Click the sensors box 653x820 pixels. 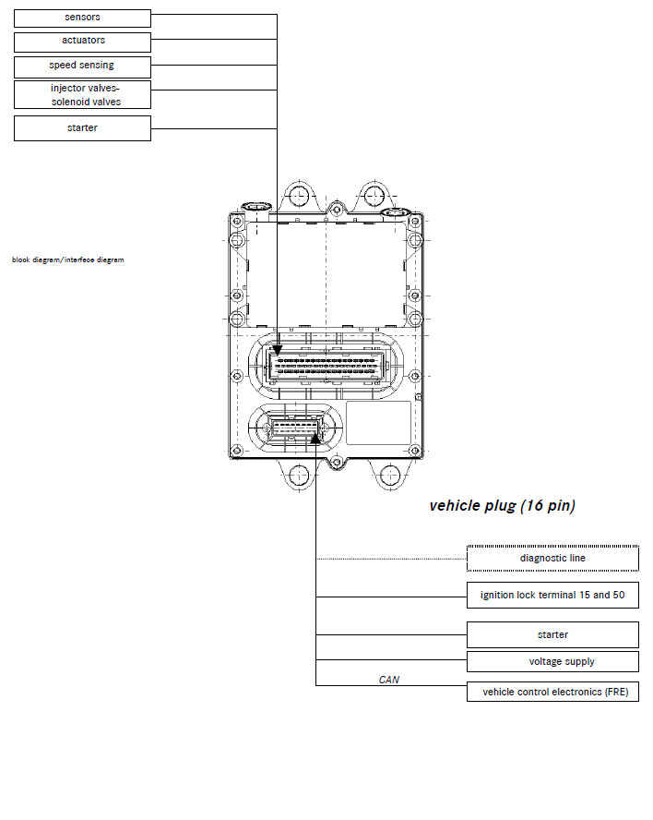(x=82, y=18)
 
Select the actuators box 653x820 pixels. (x=82, y=42)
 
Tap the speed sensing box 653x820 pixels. (x=82, y=66)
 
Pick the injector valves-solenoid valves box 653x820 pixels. (x=82, y=95)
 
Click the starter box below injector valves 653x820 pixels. (x=82, y=128)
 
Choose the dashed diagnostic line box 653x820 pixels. (x=552, y=559)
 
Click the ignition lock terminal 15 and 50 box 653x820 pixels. (x=552, y=595)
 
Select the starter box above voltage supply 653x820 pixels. (x=552, y=635)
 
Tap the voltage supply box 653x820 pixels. (x=552, y=661)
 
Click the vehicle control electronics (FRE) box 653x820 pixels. (x=552, y=692)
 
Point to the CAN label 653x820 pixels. (x=389, y=680)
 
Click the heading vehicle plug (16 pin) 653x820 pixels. (x=503, y=506)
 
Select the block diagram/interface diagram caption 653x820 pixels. (x=68, y=259)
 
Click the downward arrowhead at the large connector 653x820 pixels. (x=277, y=350)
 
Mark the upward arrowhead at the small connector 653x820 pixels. (x=315, y=438)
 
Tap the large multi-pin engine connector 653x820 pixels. (x=325, y=366)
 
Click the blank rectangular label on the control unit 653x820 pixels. (x=379, y=423)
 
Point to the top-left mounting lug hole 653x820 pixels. (x=298, y=196)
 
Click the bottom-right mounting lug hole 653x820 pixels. (x=390, y=475)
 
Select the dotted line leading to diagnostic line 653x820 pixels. (x=391, y=559)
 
